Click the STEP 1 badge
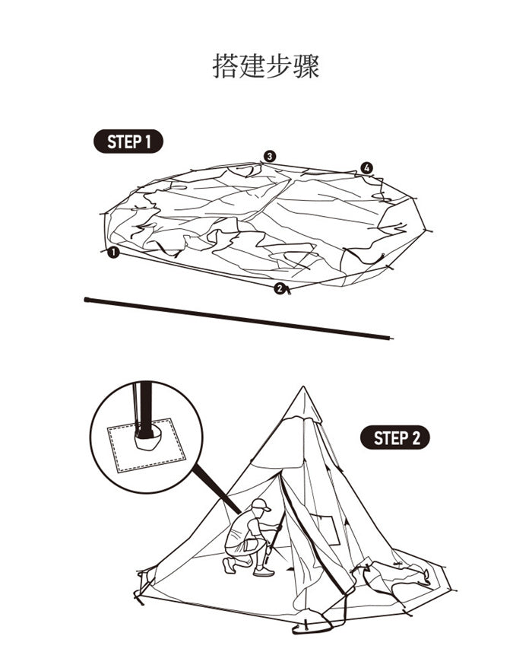pyautogui.click(x=128, y=142)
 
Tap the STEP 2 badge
pyautogui.click(x=394, y=438)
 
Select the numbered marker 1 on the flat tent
pyautogui.click(x=113, y=253)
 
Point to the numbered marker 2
pyautogui.click(x=280, y=288)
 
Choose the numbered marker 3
pyautogui.click(x=270, y=156)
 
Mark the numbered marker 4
pyautogui.click(x=367, y=167)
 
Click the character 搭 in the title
pyautogui.click(x=225, y=65)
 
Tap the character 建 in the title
pyautogui.click(x=252, y=65)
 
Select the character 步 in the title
pyautogui.click(x=279, y=65)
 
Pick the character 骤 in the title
pyautogui.click(x=306, y=65)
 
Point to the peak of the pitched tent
pyautogui.click(x=303, y=389)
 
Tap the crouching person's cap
pyautogui.click(x=260, y=504)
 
